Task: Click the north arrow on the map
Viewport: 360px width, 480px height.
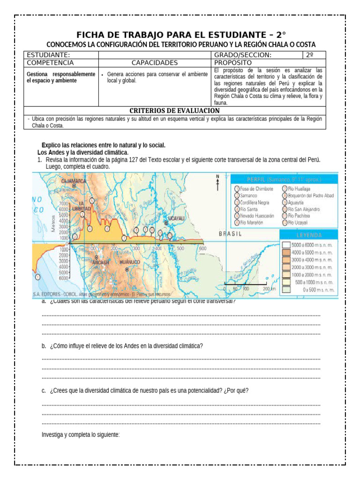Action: point(217,182)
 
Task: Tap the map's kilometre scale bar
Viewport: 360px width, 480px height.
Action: point(247,284)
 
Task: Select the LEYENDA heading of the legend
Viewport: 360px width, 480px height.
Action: point(308,235)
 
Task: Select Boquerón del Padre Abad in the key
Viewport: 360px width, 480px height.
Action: point(311,195)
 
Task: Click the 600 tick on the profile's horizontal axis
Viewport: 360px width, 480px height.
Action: point(202,248)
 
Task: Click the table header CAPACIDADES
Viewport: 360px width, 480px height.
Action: point(155,63)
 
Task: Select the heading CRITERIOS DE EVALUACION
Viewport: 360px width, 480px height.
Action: point(174,110)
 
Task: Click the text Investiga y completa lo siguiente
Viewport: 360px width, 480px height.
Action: point(81,435)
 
